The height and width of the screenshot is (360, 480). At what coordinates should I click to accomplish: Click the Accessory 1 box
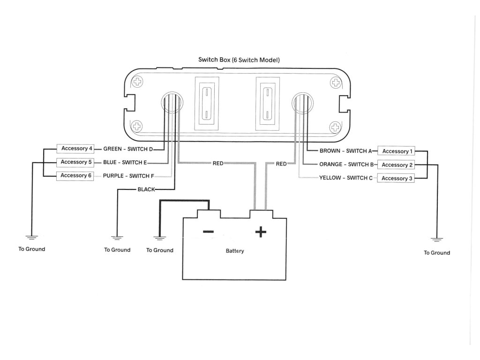coord(396,151)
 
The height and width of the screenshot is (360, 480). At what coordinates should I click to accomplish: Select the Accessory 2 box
coord(396,165)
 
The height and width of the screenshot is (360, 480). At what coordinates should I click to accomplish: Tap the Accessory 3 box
coord(396,178)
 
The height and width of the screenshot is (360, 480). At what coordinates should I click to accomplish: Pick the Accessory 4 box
coord(75,149)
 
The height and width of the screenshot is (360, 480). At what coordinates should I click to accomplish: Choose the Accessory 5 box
coord(75,162)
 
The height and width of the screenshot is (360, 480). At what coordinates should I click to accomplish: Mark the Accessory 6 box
coord(75,176)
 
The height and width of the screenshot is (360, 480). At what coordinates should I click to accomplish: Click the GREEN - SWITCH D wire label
coord(128,149)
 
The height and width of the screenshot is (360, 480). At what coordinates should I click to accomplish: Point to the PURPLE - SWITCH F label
coord(128,176)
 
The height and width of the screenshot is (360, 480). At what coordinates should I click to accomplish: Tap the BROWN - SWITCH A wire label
coord(345,151)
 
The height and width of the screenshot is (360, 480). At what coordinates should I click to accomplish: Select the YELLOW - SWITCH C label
coord(346,178)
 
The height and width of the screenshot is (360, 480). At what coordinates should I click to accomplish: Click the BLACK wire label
coord(146,189)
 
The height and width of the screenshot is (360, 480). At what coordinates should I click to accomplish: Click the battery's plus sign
coord(261,232)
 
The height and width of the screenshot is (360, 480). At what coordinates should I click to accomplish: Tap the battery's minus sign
coord(209,232)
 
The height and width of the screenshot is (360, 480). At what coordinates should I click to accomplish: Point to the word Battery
coord(235,251)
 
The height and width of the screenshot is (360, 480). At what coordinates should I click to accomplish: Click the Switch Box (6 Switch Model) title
coord(239,60)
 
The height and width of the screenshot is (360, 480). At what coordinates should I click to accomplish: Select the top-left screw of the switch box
coord(137,82)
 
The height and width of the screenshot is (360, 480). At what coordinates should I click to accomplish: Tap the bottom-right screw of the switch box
coord(335,127)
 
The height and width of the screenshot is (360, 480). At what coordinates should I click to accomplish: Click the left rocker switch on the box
coord(207,104)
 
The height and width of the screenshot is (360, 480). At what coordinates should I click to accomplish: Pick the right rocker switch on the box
coord(268,104)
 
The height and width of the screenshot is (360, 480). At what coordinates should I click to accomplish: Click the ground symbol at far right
coord(437,240)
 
